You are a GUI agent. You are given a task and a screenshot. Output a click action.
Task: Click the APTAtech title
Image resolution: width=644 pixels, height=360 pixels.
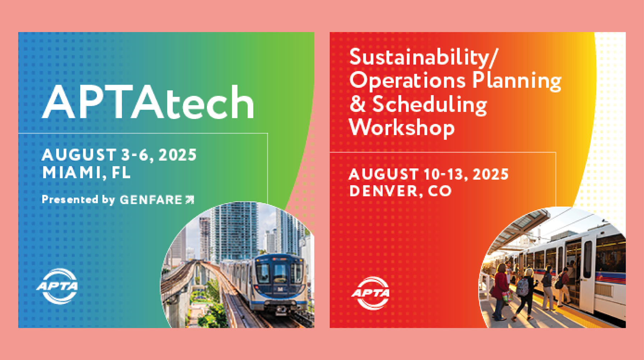pos(148,102)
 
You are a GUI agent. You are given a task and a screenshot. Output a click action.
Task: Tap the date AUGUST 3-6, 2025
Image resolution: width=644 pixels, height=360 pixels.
pos(119,155)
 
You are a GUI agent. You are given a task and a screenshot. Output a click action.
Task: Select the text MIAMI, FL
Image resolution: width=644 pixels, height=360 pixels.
pos(86,172)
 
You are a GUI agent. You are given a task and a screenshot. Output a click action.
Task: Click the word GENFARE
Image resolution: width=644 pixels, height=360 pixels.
pos(151,200)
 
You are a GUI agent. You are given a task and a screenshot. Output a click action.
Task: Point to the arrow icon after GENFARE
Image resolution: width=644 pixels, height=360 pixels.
pos(190,200)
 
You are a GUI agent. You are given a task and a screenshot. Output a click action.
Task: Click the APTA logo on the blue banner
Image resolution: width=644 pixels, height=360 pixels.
pos(57,286)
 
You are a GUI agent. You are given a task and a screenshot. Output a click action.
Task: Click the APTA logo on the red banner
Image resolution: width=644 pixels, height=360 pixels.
pos(371,293)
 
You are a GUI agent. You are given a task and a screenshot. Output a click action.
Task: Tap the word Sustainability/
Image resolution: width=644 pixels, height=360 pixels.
pos(424,57)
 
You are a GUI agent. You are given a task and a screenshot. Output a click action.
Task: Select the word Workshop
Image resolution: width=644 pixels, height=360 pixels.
pos(402,128)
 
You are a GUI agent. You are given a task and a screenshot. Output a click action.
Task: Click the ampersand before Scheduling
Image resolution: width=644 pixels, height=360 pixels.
pos(357,104)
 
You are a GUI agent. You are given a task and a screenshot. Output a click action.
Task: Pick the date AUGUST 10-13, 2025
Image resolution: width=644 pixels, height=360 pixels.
pos(428,175)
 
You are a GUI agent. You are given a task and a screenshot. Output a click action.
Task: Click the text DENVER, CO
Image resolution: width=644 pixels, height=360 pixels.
pos(400,191)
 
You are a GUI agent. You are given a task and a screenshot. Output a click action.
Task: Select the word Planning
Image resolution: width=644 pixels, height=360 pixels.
pos(516,81)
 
